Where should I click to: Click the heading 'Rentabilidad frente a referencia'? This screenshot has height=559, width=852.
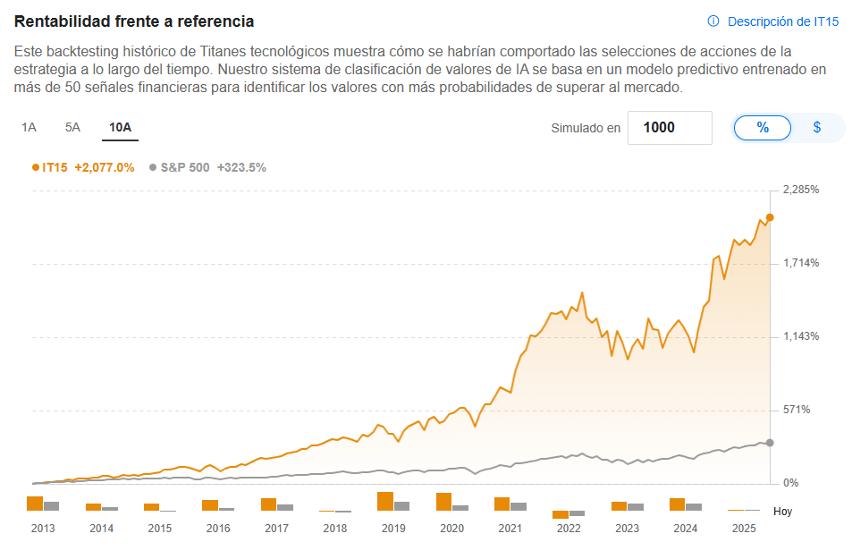click(x=134, y=21)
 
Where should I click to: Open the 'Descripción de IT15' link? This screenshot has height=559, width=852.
click(x=773, y=21)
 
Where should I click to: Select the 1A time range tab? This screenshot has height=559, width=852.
click(x=29, y=127)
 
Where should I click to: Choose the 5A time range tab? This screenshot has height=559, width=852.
click(x=72, y=127)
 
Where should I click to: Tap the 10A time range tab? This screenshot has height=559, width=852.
click(x=120, y=127)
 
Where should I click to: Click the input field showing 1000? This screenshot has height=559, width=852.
click(x=670, y=128)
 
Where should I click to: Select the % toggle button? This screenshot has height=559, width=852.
click(x=763, y=128)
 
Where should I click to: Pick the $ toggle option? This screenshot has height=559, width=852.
click(x=817, y=128)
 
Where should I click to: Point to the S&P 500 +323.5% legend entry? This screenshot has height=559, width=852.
click(x=207, y=167)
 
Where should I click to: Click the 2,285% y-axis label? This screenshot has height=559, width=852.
click(x=801, y=190)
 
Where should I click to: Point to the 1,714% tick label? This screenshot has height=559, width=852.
click(x=801, y=263)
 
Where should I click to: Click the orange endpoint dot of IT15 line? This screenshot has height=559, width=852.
click(x=770, y=217)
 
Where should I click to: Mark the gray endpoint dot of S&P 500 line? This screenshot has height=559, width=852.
click(x=770, y=443)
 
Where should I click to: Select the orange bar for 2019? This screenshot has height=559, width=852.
click(x=385, y=501)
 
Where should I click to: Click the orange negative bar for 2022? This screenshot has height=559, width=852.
click(x=561, y=514)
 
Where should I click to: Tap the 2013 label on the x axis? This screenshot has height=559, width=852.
click(x=43, y=529)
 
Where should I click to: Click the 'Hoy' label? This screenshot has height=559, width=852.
click(x=782, y=512)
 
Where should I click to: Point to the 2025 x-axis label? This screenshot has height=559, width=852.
click(x=744, y=529)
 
